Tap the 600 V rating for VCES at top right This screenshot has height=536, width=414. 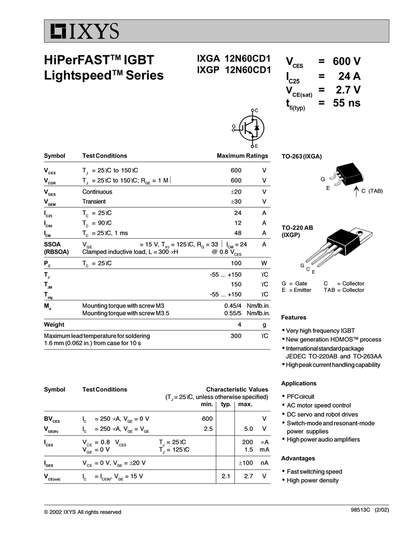click(346, 62)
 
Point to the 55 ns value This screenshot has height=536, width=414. click(346, 103)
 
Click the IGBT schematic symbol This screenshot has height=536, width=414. click(250, 127)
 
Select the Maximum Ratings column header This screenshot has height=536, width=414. click(242, 156)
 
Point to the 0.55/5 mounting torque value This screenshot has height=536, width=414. click(233, 313)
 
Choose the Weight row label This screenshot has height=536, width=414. click(54, 325)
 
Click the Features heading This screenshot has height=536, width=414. click(294, 317)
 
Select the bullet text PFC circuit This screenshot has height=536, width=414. click(300, 396)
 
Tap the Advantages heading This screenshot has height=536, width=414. click(298, 459)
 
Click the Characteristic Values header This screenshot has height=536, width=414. click(237, 389)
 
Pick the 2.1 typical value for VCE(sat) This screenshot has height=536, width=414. click(226, 476)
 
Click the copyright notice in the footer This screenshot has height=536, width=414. click(82, 512)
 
